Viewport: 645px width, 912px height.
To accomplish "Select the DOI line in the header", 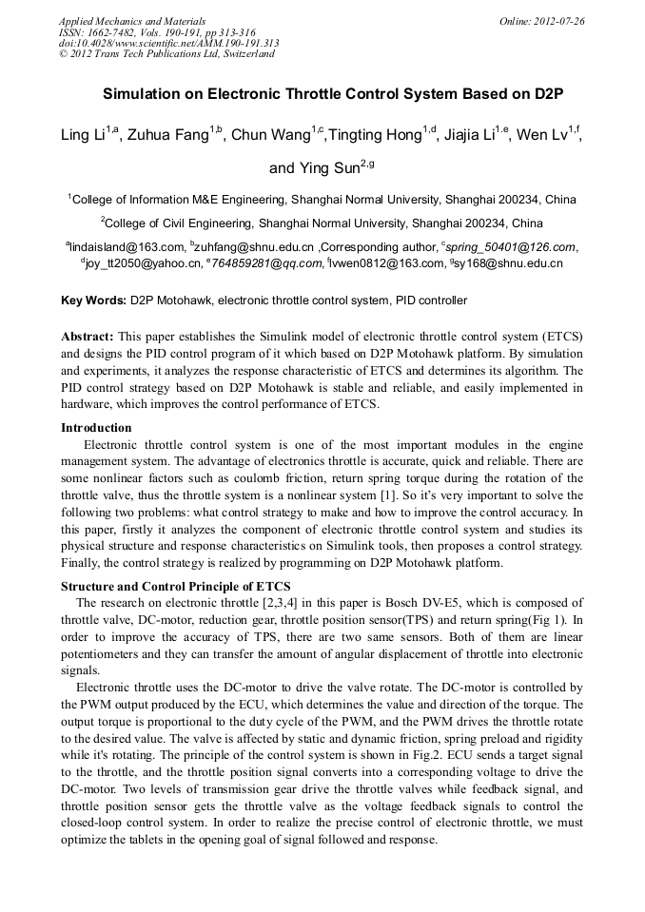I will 168,43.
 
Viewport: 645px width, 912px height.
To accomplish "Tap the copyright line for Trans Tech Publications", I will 166,54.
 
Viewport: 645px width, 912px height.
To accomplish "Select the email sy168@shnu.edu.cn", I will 509,263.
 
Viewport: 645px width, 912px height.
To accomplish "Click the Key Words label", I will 93,301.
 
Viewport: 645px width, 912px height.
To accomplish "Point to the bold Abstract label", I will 88,337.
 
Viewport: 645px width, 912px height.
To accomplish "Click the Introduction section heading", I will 96,428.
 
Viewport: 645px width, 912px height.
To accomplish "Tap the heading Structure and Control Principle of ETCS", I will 176,586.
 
